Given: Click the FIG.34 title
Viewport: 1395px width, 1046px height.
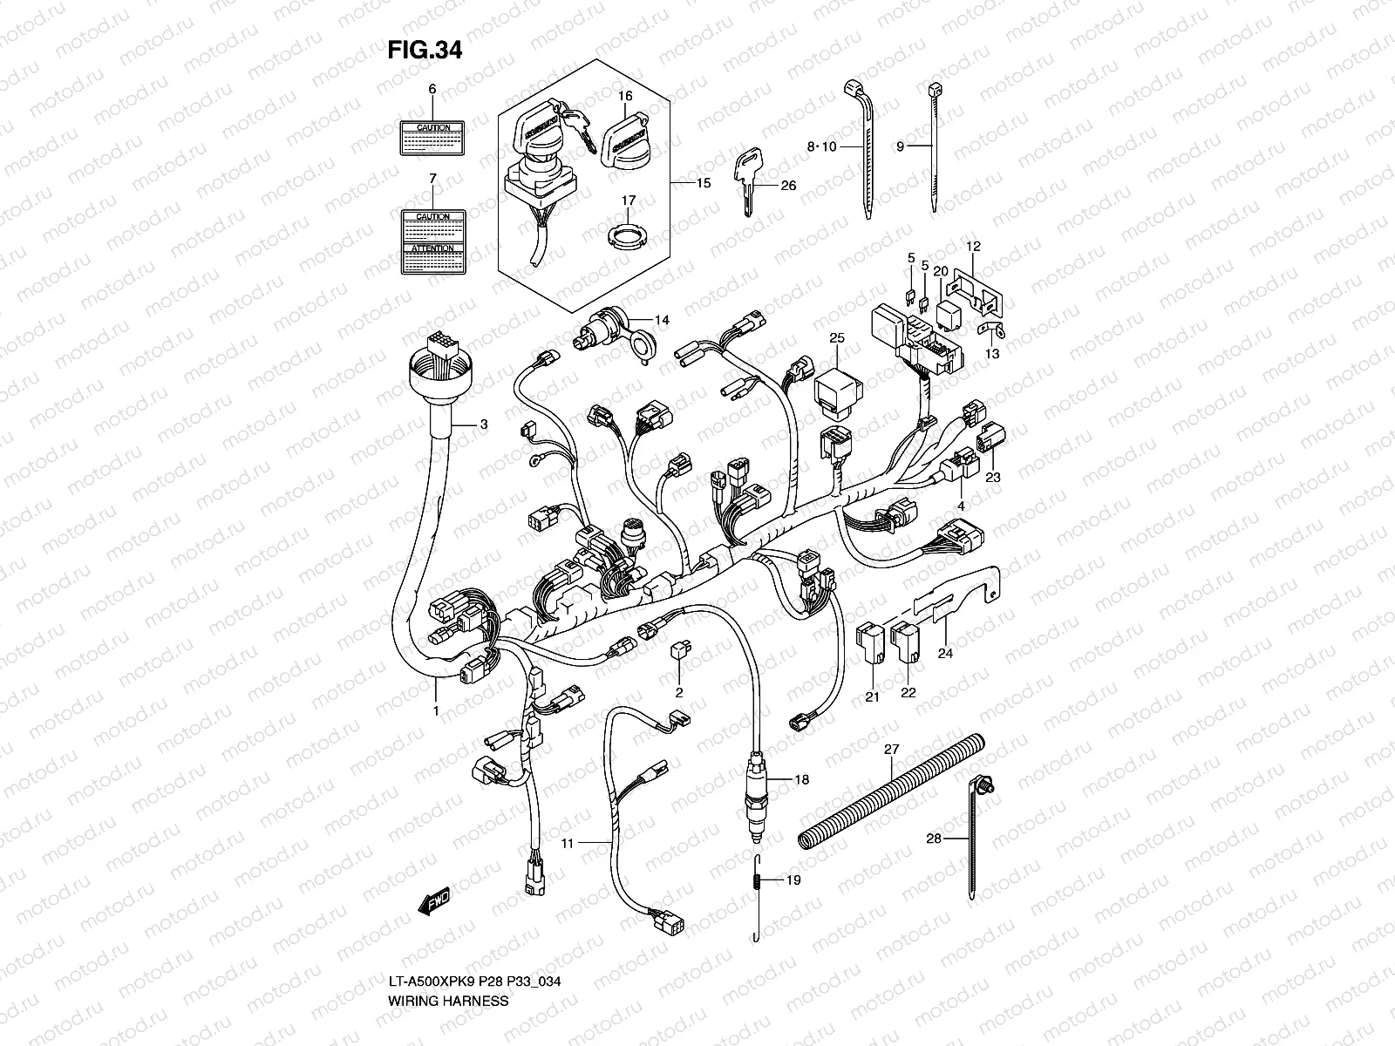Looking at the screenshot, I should tap(424, 51).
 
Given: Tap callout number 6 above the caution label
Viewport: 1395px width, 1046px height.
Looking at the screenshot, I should tap(432, 90).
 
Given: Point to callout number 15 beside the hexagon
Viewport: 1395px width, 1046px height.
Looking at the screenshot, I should tap(703, 183).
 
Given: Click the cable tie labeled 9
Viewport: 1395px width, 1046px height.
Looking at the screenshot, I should tap(934, 148).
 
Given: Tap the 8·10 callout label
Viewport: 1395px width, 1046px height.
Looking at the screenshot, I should tap(821, 147).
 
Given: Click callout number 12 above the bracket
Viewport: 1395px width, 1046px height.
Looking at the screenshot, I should tap(973, 247).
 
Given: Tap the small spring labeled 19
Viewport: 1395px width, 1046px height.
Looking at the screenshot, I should tap(758, 881).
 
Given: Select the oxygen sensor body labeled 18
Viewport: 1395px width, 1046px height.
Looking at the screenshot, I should tap(756, 781).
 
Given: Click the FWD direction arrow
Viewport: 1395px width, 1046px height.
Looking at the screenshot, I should tap(433, 902).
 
